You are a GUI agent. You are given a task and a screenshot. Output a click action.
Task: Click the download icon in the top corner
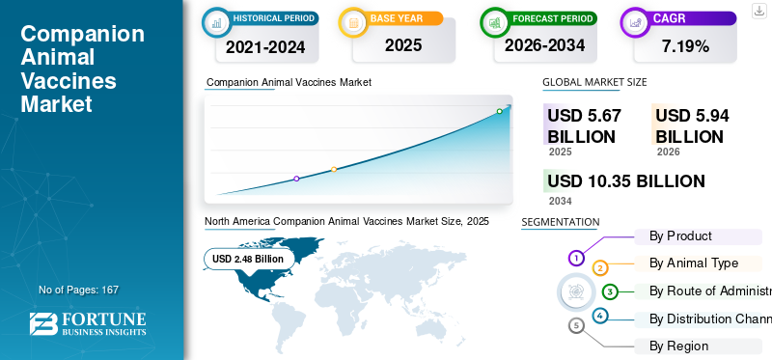click(x=759, y=11)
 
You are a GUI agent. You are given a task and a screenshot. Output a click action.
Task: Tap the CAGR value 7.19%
click(x=685, y=46)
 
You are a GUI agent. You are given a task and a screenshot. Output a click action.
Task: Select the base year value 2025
click(x=403, y=45)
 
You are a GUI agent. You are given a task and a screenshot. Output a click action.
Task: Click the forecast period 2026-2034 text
click(x=544, y=45)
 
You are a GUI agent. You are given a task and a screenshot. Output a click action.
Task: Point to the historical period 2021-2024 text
click(x=265, y=46)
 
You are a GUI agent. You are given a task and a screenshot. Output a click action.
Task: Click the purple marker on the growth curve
click(x=296, y=179)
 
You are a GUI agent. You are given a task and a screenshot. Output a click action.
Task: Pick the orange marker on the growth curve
click(x=334, y=169)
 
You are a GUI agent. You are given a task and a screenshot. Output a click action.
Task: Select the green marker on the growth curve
click(x=499, y=111)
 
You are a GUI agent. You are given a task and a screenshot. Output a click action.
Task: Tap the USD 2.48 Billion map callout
click(x=248, y=259)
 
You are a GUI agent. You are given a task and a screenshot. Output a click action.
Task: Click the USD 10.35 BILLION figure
click(x=625, y=181)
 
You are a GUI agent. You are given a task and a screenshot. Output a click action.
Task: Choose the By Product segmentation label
click(x=680, y=235)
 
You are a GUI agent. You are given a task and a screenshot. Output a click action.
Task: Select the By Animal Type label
click(x=693, y=263)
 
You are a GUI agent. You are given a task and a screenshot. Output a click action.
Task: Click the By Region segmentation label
click(x=678, y=346)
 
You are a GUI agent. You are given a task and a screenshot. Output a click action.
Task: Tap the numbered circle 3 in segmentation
click(x=610, y=291)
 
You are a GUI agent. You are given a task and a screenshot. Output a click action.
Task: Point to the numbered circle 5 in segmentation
click(x=576, y=325)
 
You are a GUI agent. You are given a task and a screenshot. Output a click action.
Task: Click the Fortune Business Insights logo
click(x=88, y=323)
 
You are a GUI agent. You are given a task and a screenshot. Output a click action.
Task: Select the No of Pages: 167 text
click(x=78, y=290)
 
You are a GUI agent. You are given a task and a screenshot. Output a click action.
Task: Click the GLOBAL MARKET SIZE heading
click(x=594, y=82)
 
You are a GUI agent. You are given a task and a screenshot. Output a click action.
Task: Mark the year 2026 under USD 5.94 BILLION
click(x=668, y=152)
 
